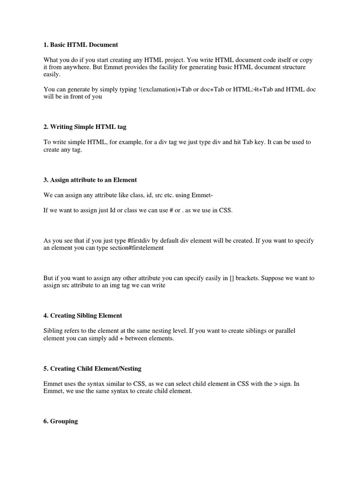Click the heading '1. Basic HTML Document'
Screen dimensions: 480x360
[81, 45]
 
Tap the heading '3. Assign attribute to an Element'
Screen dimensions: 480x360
[90, 180]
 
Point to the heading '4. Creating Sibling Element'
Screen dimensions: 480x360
[82, 315]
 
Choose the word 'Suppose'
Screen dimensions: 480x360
[271, 278]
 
